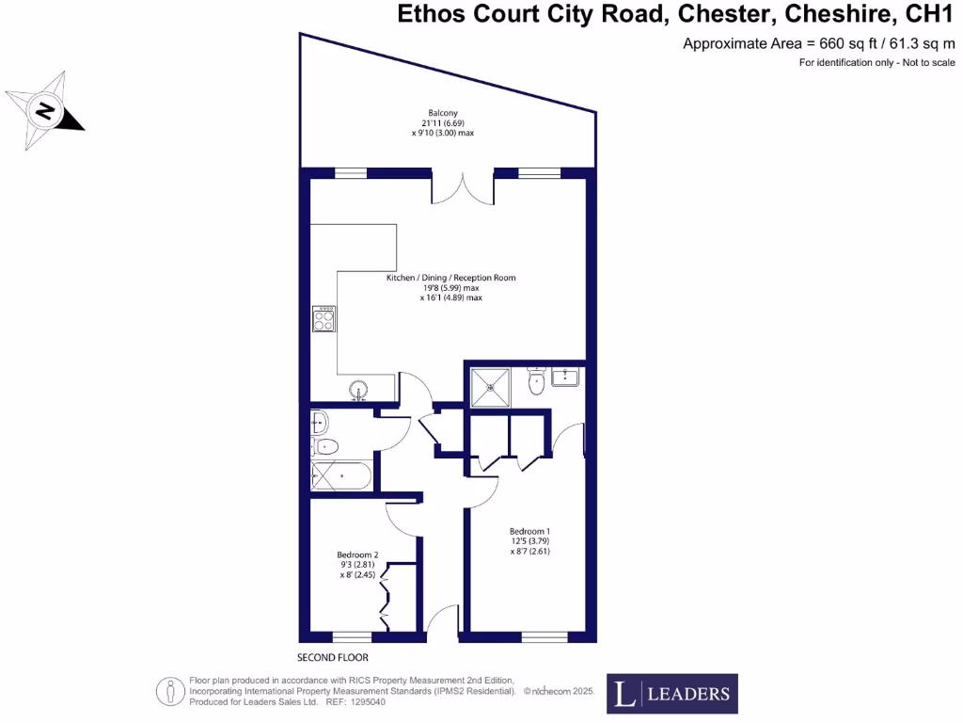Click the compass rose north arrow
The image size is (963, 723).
(44, 112)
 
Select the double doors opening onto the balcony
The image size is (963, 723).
(462, 188)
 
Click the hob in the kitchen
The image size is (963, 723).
(324, 320)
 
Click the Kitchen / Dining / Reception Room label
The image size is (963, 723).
(450, 278)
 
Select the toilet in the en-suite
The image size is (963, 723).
(537, 382)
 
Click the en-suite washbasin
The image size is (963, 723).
(565, 378)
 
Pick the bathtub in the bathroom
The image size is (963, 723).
(341, 477)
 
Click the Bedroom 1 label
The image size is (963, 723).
(529, 531)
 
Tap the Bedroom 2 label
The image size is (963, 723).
(357, 555)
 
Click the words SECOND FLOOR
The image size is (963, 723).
(333, 657)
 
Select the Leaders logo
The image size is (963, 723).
(671, 695)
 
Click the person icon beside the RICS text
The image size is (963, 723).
(169, 692)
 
